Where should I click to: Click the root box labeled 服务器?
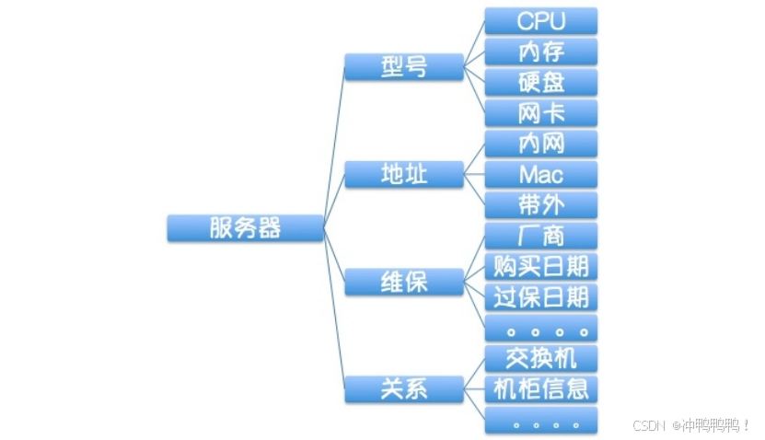click(245, 227)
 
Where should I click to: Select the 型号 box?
click(403, 66)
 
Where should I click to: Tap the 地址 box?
click(403, 174)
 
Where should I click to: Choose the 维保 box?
click(403, 282)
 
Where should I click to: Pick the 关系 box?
click(403, 388)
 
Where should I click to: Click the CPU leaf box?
click(541, 21)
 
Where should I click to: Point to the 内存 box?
click(541, 52)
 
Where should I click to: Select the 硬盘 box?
click(541, 82)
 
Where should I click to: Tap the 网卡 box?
click(541, 112)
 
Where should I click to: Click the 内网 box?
click(541, 144)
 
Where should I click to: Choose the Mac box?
click(541, 174)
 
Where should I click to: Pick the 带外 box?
click(541, 204)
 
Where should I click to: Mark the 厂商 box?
click(541, 236)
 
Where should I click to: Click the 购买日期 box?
click(541, 266)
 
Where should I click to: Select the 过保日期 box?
click(541, 296)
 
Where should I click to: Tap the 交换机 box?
click(541, 358)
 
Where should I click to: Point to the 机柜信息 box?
click(541, 388)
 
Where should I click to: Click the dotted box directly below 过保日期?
click(541, 328)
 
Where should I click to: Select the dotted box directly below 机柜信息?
click(541, 421)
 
